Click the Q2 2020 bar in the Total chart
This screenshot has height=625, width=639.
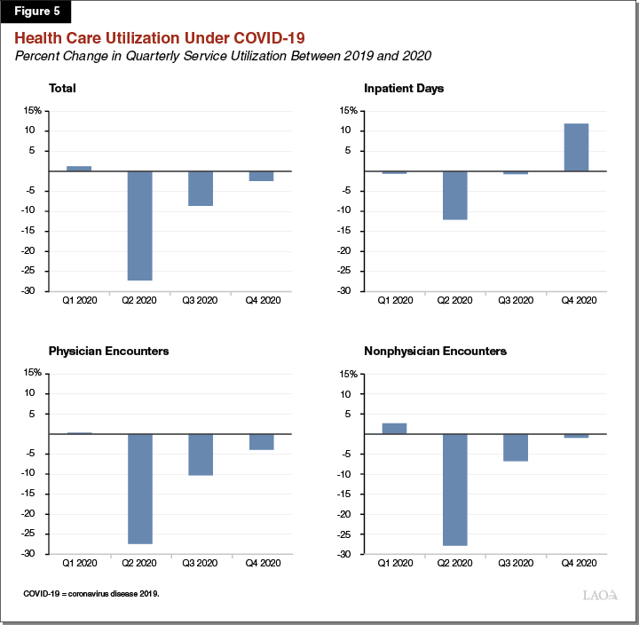click(140, 225)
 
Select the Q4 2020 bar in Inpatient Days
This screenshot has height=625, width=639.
click(576, 147)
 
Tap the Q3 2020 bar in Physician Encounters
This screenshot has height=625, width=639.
click(201, 455)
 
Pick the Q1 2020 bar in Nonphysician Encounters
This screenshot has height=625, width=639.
click(394, 429)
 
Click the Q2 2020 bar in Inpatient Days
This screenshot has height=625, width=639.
click(455, 195)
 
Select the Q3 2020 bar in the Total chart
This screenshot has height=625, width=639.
click(201, 188)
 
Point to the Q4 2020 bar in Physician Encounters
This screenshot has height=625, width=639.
click(261, 442)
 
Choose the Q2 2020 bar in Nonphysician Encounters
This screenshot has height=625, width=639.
click(455, 490)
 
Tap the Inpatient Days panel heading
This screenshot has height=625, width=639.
click(404, 88)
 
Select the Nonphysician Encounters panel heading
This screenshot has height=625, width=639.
click(435, 351)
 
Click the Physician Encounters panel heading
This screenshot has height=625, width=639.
click(108, 351)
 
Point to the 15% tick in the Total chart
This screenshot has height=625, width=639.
click(32, 111)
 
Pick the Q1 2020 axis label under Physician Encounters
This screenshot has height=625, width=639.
click(79, 563)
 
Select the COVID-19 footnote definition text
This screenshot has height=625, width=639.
click(91, 593)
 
